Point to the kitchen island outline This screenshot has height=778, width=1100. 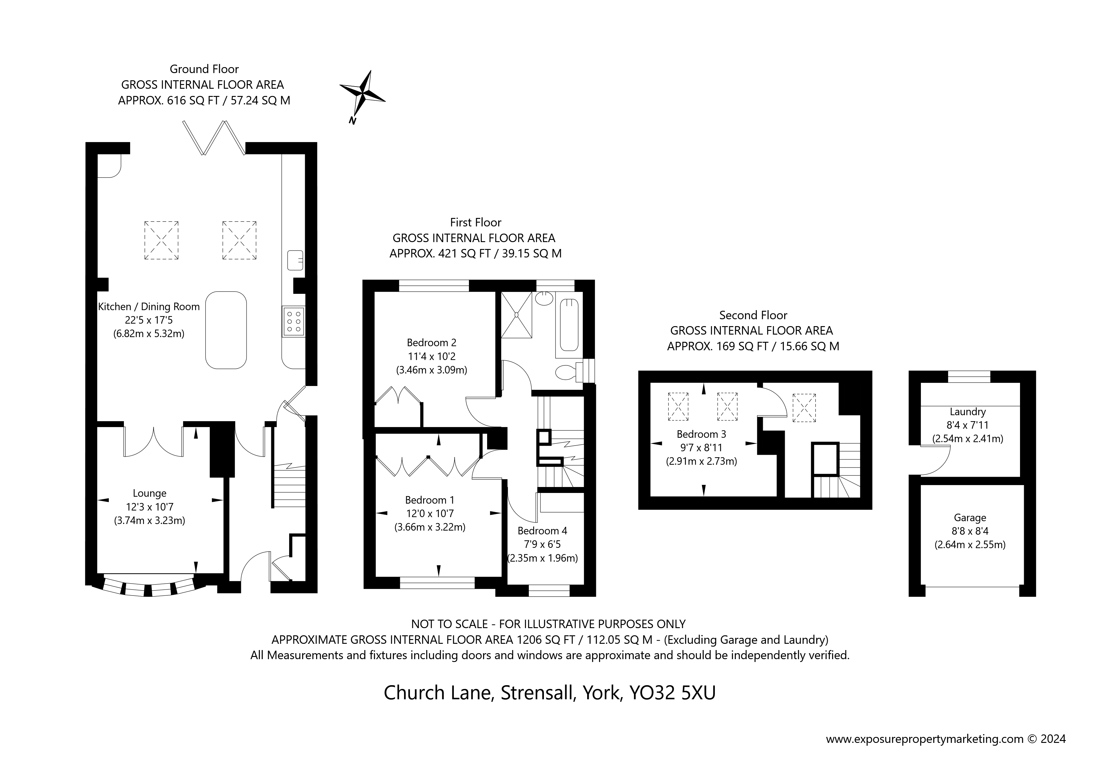[226, 330]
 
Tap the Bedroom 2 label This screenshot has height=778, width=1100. [431, 342]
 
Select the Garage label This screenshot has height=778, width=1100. [970, 517]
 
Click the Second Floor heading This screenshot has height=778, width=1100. [753, 315]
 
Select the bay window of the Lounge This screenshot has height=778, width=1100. [149, 588]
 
